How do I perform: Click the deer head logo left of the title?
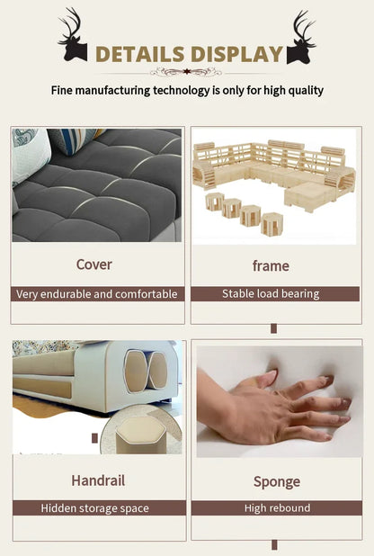point(72,36)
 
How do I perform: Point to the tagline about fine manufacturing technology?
point(187,91)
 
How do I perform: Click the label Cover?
point(94,265)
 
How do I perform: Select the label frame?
point(271,265)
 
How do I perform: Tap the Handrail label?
point(97,480)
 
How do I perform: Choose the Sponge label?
point(277,481)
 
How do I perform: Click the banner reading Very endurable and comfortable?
point(97,294)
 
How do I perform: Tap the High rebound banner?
point(277,508)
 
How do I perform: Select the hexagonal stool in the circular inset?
point(139,434)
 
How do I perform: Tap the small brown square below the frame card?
point(273,328)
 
